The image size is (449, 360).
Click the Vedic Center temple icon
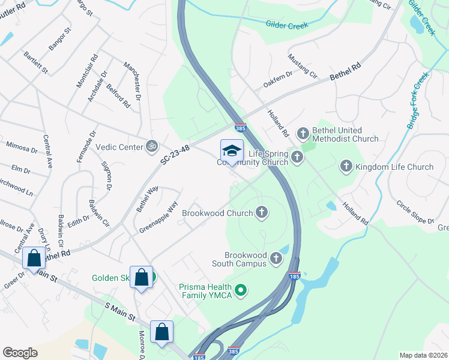151,145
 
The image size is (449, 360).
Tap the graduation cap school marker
232,151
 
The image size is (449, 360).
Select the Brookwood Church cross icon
261,212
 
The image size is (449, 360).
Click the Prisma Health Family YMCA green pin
241,291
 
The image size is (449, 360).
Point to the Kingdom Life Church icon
346,166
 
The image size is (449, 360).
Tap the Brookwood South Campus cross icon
276,258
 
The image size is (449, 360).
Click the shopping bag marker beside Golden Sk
141,277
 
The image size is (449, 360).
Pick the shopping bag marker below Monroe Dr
162,332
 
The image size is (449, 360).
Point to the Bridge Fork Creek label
418,100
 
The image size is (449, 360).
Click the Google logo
20,352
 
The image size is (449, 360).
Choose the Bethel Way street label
147,199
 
